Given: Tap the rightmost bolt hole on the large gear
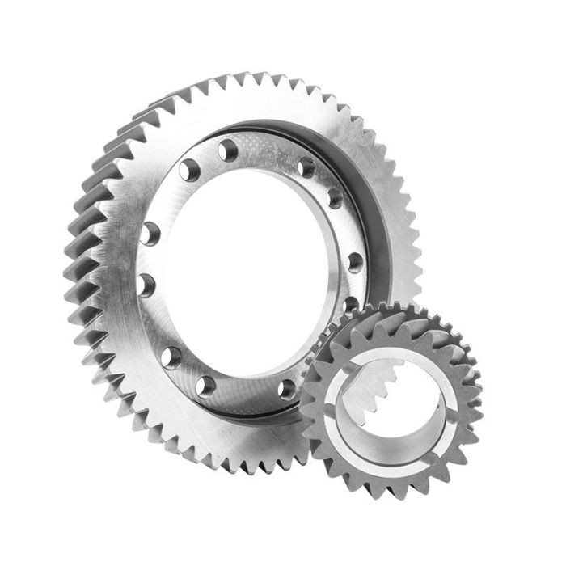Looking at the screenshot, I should coord(354,261).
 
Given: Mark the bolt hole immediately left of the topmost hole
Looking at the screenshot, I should coord(189,169).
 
